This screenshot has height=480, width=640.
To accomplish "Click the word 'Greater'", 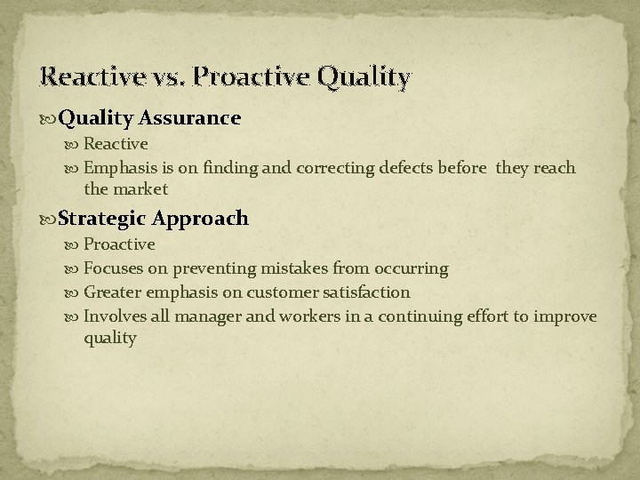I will [112, 292].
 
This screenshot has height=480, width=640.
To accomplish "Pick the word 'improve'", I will [566, 316].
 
